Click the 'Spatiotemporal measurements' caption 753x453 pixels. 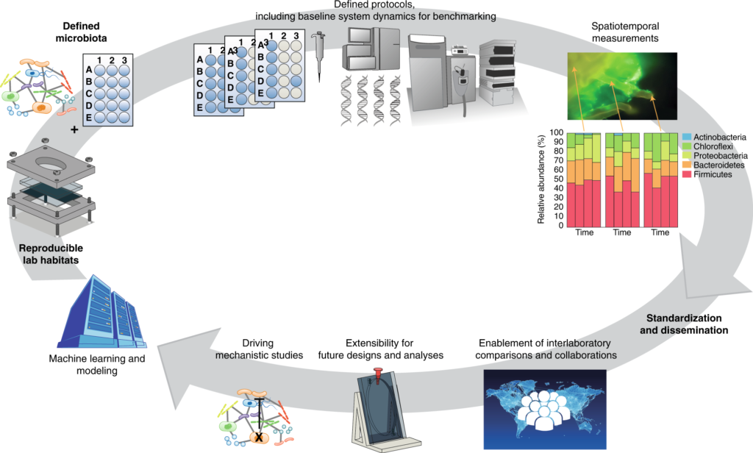(x=624, y=31)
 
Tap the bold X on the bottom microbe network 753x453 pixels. (x=258, y=438)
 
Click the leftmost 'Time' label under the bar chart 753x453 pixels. (x=584, y=232)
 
